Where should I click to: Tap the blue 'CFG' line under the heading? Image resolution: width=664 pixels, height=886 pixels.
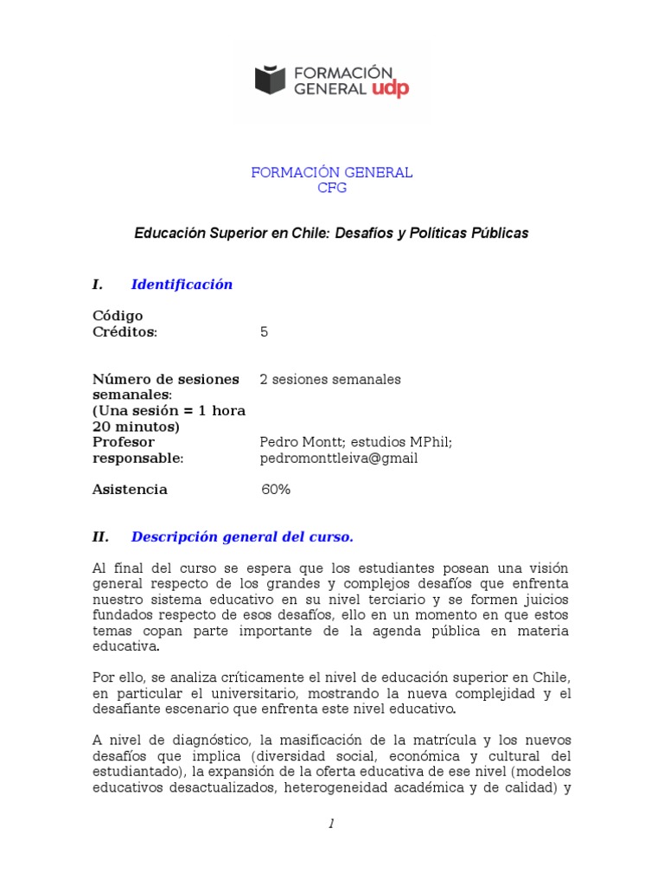[x=332, y=189]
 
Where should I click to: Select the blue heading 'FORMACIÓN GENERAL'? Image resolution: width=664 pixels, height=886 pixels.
[x=332, y=173]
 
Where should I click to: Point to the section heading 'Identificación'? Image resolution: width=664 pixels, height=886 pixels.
[x=182, y=285]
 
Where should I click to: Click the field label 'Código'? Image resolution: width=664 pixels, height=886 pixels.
[x=118, y=316]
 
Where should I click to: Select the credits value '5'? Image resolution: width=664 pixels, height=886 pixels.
[x=264, y=331]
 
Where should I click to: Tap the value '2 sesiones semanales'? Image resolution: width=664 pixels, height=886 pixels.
[x=330, y=379]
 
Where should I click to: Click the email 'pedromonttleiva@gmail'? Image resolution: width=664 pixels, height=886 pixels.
[x=339, y=459]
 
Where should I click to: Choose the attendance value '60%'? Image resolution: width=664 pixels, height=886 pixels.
[x=276, y=490]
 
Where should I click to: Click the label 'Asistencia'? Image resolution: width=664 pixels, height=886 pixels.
[x=130, y=490]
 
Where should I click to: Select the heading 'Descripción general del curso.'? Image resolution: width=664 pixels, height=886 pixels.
[x=242, y=537]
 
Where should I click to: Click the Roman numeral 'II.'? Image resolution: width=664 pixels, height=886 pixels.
[x=100, y=537]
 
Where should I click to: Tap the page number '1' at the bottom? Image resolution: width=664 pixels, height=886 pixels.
[x=331, y=825]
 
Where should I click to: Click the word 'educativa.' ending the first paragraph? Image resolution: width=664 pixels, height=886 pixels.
[x=125, y=646]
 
